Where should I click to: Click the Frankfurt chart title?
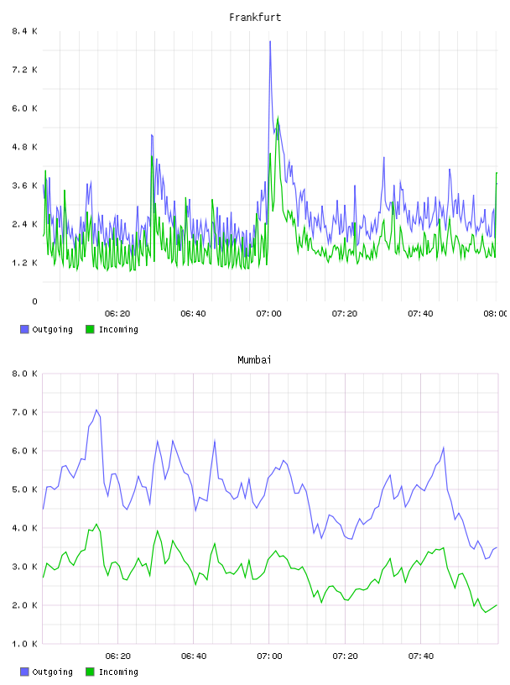255,18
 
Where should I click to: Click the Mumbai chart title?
254,360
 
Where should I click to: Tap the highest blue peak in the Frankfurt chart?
270,41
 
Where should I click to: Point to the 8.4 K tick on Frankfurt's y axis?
25,31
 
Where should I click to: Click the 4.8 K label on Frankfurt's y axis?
25,147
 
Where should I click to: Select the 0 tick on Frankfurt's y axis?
34,301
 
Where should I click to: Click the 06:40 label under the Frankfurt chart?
193,313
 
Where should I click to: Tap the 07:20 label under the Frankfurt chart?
345,313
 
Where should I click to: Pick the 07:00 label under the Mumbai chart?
269,656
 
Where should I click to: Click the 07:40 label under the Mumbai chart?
421,656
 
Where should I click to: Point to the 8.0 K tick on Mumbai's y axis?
25,374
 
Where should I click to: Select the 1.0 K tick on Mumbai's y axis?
25,644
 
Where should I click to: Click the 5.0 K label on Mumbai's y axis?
25,489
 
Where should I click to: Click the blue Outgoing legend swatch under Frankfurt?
24,329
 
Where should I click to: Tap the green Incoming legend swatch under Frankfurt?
90,329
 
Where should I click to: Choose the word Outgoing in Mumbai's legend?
52,672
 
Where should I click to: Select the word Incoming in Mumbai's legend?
118,672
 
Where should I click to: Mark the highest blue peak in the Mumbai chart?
96,410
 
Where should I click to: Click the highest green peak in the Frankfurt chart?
278,117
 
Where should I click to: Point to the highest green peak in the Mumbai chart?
96,524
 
